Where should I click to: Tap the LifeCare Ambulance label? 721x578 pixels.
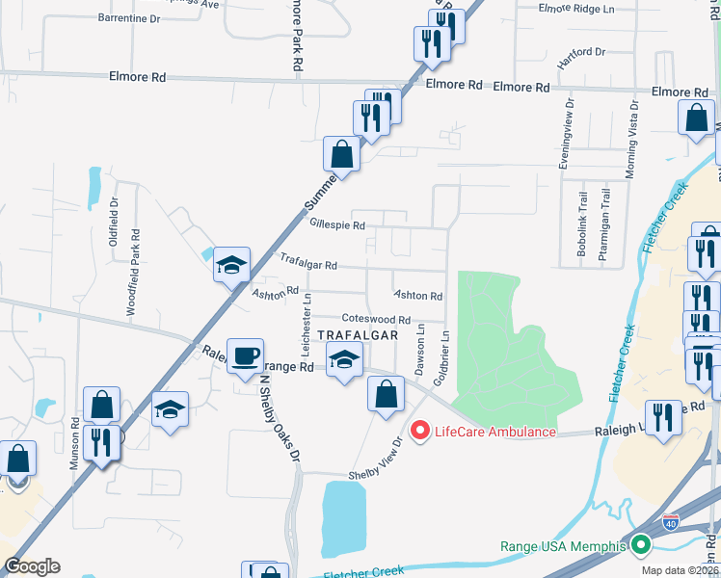click(x=495, y=431)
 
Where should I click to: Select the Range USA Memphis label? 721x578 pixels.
click(x=563, y=546)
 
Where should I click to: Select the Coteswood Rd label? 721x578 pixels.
click(x=376, y=319)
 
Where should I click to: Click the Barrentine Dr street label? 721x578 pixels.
click(x=129, y=18)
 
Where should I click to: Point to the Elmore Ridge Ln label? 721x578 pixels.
click(x=577, y=9)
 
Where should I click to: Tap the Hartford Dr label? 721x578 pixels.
click(x=581, y=51)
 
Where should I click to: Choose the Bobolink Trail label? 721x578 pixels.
click(x=582, y=228)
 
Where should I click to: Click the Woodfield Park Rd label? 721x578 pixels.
click(x=135, y=272)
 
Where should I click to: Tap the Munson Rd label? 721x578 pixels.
click(x=73, y=442)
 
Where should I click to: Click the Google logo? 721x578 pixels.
click(x=33, y=565)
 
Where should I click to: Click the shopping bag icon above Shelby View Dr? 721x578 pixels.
click(x=386, y=394)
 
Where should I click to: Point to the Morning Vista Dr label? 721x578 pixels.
click(x=632, y=141)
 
